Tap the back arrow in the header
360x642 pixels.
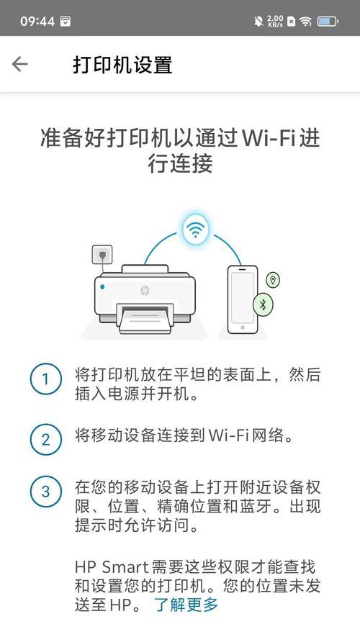point(19,64)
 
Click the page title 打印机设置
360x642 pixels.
point(122,65)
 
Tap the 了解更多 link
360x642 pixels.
point(186,605)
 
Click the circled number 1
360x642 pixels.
point(46,379)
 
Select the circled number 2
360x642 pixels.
point(46,440)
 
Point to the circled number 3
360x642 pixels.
point(46,492)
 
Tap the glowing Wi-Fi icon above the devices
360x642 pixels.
point(195,230)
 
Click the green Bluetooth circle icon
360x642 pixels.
point(264,304)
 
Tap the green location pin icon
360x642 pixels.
point(273,280)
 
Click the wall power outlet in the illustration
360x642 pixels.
point(102,255)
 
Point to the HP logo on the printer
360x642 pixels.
point(145,290)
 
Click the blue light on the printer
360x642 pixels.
point(102,287)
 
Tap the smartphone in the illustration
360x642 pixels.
point(243,299)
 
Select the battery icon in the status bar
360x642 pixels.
point(328,22)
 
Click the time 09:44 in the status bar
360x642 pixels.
point(37,22)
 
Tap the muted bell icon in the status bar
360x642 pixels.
point(258,22)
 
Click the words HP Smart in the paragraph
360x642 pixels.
point(112,567)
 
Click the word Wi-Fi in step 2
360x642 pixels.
point(229,435)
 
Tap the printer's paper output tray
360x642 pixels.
point(145,319)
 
